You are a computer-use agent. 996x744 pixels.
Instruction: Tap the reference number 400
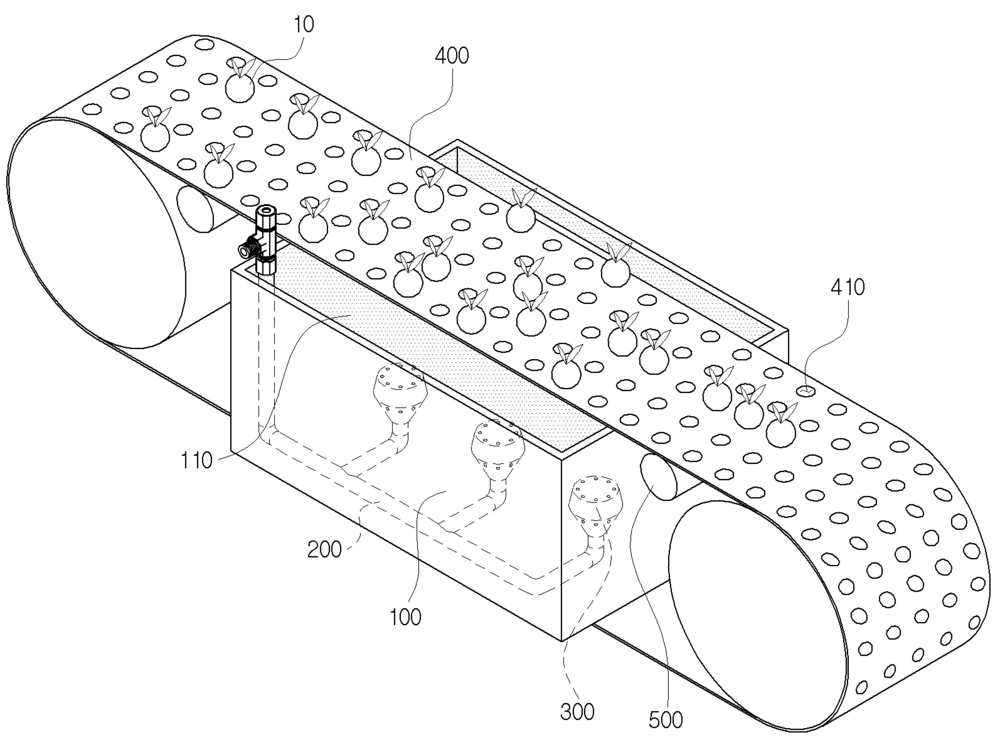pos(452,56)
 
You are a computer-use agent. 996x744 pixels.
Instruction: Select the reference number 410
pos(847,287)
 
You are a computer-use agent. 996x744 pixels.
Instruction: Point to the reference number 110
pos(196,461)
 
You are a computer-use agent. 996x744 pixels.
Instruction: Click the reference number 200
pos(324,550)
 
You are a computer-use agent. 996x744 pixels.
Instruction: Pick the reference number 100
pos(405,617)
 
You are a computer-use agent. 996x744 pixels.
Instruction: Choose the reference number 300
pos(577,712)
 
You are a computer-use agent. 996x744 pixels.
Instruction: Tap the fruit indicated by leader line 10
pos(240,87)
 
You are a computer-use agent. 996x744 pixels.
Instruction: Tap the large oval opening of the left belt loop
pos(97,233)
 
